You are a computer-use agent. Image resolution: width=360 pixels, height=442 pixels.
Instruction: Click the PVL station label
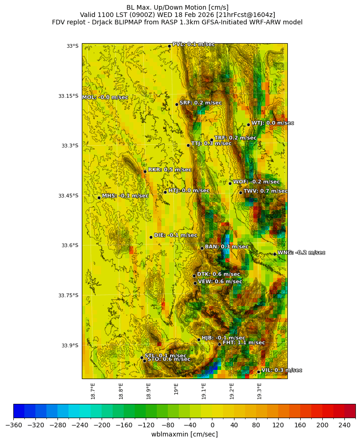tap(194, 45)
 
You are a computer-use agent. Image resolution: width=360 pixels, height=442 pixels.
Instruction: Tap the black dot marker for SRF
tap(177, 104)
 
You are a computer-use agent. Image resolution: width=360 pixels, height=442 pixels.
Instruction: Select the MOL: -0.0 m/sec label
tap(105, 97)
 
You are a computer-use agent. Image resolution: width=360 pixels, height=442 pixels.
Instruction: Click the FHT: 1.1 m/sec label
tap(244, 343)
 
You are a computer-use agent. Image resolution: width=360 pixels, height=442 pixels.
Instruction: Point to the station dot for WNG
tap(274, 254)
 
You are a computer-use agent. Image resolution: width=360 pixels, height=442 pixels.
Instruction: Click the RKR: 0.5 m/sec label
tap(170, 170)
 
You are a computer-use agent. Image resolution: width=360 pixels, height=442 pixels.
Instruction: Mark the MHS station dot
tap(99, 198)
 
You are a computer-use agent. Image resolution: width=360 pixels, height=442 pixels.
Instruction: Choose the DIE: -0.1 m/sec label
tap(175, 235)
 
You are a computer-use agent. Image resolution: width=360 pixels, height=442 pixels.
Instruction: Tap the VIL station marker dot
tap(259, 372)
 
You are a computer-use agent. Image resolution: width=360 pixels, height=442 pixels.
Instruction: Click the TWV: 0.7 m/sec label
tap(265, 191)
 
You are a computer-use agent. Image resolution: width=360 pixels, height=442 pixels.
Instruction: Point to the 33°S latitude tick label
tap(72, 46)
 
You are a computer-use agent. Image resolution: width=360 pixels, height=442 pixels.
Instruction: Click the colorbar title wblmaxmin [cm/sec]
tap(184, 434)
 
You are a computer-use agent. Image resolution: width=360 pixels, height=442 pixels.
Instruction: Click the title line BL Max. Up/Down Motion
tap(177, 7)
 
